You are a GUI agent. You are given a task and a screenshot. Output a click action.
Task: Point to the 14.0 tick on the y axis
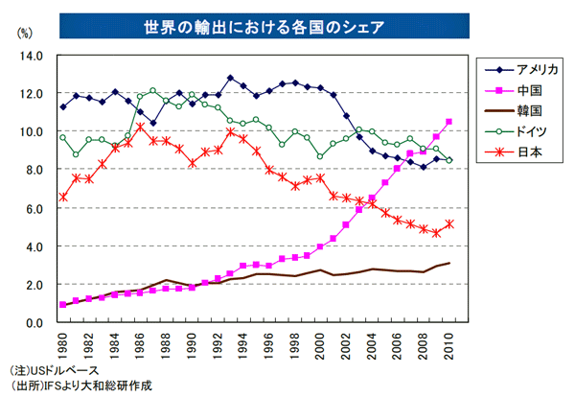32,56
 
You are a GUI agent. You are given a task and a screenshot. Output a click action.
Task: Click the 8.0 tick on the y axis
34,170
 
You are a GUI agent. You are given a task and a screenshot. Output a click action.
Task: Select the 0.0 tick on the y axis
34,323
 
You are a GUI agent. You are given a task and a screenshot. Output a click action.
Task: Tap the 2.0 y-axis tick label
34,285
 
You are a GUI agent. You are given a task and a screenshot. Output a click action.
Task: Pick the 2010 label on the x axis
449,343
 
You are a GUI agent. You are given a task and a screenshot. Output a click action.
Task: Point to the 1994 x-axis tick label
243,343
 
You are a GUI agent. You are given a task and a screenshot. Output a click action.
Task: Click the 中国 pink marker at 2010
449,122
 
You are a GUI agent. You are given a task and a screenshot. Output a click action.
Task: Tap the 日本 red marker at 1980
63,198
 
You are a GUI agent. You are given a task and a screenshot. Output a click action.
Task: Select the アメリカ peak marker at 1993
231,78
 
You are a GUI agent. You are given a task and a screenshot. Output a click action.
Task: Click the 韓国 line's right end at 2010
449,263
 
